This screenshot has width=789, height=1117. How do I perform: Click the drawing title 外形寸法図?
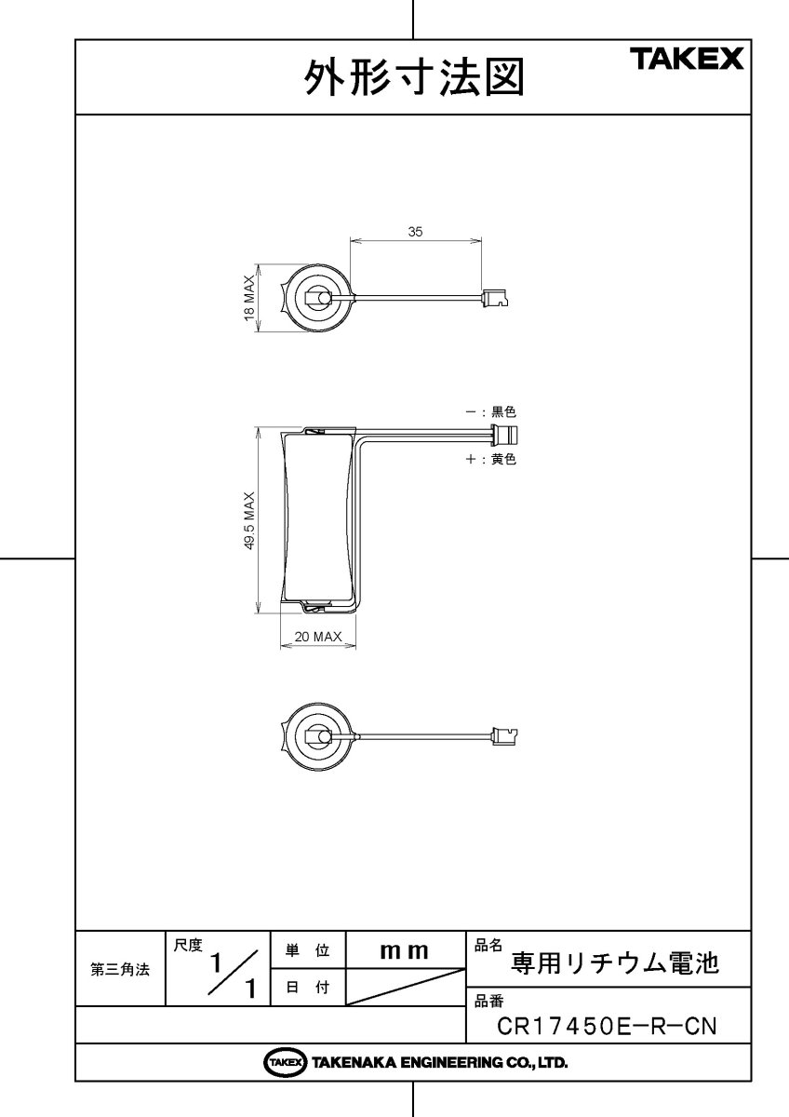[414, 78]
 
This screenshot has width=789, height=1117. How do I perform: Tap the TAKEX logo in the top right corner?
[688, 60]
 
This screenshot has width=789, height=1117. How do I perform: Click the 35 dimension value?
[416, 233]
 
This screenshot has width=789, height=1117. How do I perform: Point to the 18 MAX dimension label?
[249, 298]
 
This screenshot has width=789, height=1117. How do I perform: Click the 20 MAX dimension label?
[318, 637]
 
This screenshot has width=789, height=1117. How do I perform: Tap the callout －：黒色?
[490, 410]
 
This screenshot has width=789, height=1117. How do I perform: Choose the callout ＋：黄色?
[490, 459]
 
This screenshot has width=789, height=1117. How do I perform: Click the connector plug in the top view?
[495, 299]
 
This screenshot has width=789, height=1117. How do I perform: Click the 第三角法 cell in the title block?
[119, 969]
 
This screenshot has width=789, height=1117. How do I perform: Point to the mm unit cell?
[404, 950]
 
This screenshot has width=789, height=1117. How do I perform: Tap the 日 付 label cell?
[307, 989]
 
